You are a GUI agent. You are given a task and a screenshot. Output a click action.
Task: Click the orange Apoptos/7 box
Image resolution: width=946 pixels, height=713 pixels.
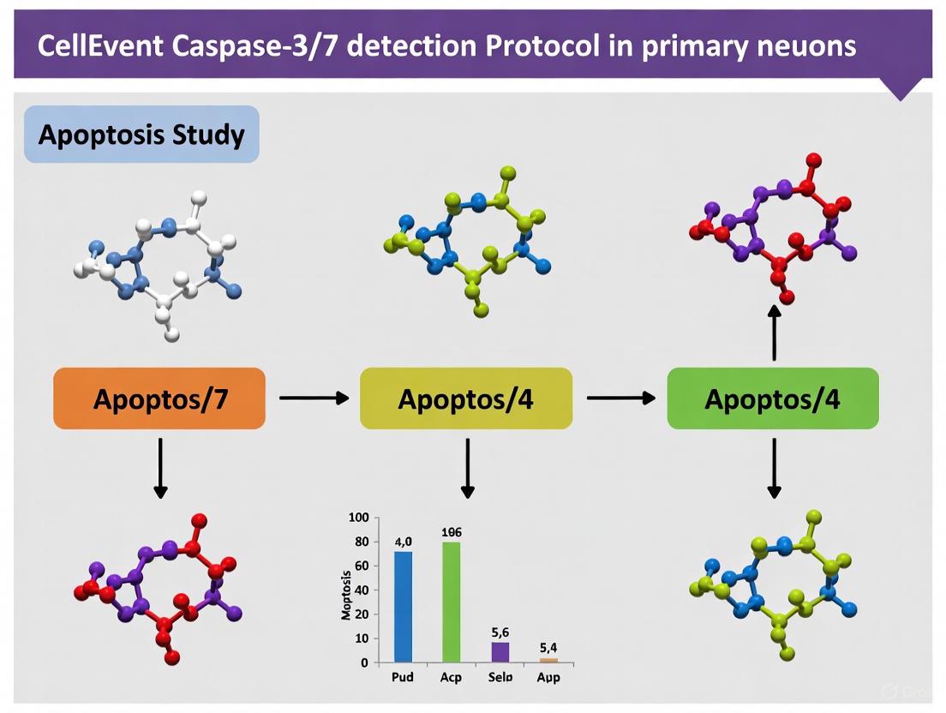(159, 398)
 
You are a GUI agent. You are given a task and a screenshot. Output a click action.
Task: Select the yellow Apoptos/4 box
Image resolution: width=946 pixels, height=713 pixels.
(465, 398)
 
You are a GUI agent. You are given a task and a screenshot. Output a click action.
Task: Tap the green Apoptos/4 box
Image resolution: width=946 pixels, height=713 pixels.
(772, 398)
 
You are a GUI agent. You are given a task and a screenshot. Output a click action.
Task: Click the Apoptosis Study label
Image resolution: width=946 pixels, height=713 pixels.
(141, 135)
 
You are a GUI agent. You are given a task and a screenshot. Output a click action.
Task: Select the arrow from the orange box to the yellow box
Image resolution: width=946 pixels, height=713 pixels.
(314, 398)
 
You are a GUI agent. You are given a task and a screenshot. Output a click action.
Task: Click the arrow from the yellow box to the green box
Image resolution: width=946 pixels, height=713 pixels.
(620, 398)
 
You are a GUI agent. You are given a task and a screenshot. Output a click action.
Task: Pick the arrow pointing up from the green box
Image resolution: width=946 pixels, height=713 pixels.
(774, 334)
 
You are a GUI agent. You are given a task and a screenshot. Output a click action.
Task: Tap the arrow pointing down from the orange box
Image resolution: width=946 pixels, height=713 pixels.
(160, 467)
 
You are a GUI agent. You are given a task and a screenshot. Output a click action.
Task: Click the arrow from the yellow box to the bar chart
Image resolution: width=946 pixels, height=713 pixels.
(467, 467)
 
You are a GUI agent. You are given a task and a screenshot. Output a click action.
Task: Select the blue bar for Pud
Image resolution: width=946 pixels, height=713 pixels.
(403, 607)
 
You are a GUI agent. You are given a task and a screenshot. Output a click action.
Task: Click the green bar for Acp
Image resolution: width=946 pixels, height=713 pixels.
(451, 602)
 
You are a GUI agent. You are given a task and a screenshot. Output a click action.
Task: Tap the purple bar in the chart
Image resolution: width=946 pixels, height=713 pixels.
(500, 652)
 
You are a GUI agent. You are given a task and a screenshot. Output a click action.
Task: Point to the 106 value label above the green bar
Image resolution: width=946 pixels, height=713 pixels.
(451, 531)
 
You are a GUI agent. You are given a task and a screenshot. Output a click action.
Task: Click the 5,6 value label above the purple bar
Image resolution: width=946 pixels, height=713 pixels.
(501, 632)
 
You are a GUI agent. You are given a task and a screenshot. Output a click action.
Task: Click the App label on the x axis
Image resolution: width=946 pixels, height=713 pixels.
(548, 677)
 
